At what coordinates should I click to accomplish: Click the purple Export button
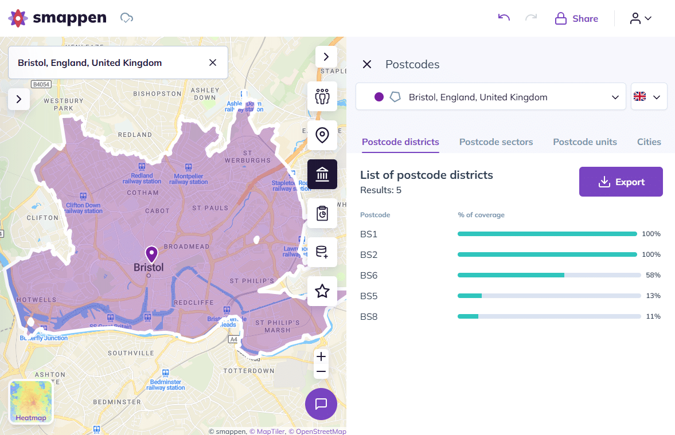[x=621, y=182]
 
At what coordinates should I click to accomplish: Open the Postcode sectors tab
[x=495, y=142]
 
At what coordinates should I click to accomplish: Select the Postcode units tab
[x=584, y=142]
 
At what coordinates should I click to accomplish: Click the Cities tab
[x=649, y=142]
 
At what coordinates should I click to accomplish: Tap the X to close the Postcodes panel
[x=367, y=64]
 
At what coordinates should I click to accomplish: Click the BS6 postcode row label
[x=369, y=275]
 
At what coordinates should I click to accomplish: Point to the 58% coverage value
[x=653, y=275]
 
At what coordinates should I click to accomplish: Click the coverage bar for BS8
[x=549, y=316]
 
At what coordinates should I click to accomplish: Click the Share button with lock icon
[x=576, y=19]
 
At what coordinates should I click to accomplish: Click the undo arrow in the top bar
[x=504, y=18]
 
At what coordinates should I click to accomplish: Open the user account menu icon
[x=641, y=18]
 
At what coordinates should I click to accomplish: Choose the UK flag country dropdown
[x=649, y=97]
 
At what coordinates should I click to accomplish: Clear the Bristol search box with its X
[x=212, y=62]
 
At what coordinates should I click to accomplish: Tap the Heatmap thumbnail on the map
[x=31, y=402]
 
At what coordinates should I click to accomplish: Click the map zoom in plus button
[x=321, y=356]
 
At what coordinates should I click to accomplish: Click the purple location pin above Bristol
[x=151, y=254]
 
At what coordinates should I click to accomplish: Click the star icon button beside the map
[x=322, y=291]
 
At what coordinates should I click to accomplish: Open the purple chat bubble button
[x=321, y=403]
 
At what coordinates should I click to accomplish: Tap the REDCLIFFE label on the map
[x=193, y=302]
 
